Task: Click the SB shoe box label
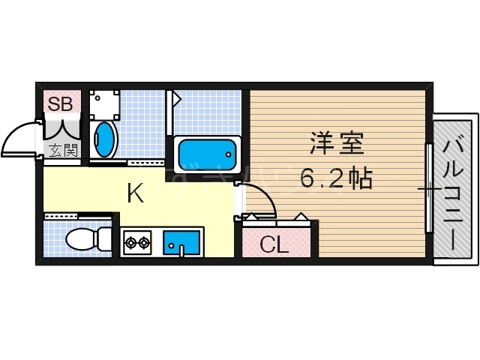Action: pos(60,104)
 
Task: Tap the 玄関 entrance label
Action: pos(63,150)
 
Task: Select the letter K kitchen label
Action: pos(135,193)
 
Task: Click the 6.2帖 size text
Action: pos(336,178)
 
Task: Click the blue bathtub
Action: pos(207,154)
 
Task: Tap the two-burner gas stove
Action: pos(137,242)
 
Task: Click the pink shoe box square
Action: pos(61,104)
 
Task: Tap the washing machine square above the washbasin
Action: pos(104,103)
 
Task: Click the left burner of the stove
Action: pos(130,242)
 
